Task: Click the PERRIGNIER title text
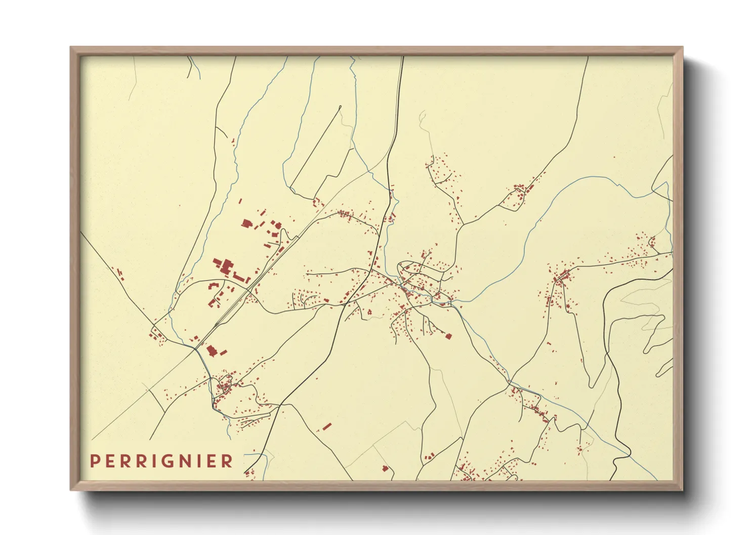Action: (x=161, y=461)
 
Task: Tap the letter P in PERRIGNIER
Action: (x=94, y=461)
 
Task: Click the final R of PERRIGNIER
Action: (x=228, y=461)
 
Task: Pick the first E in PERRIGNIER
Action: (x=108, y=461)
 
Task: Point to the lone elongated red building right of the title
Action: (x=327, y=426)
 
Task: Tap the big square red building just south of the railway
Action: (x=211, y=350)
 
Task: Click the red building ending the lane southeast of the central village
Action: (x=448, y=336)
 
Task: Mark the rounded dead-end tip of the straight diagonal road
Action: (x=340, y=107)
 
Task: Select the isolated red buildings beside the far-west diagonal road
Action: (x=120, y=274)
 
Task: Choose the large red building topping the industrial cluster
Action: (x=246, y=223)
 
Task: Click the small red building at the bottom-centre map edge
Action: (x=385, y=468)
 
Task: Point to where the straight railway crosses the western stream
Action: (x=196, y=348)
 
